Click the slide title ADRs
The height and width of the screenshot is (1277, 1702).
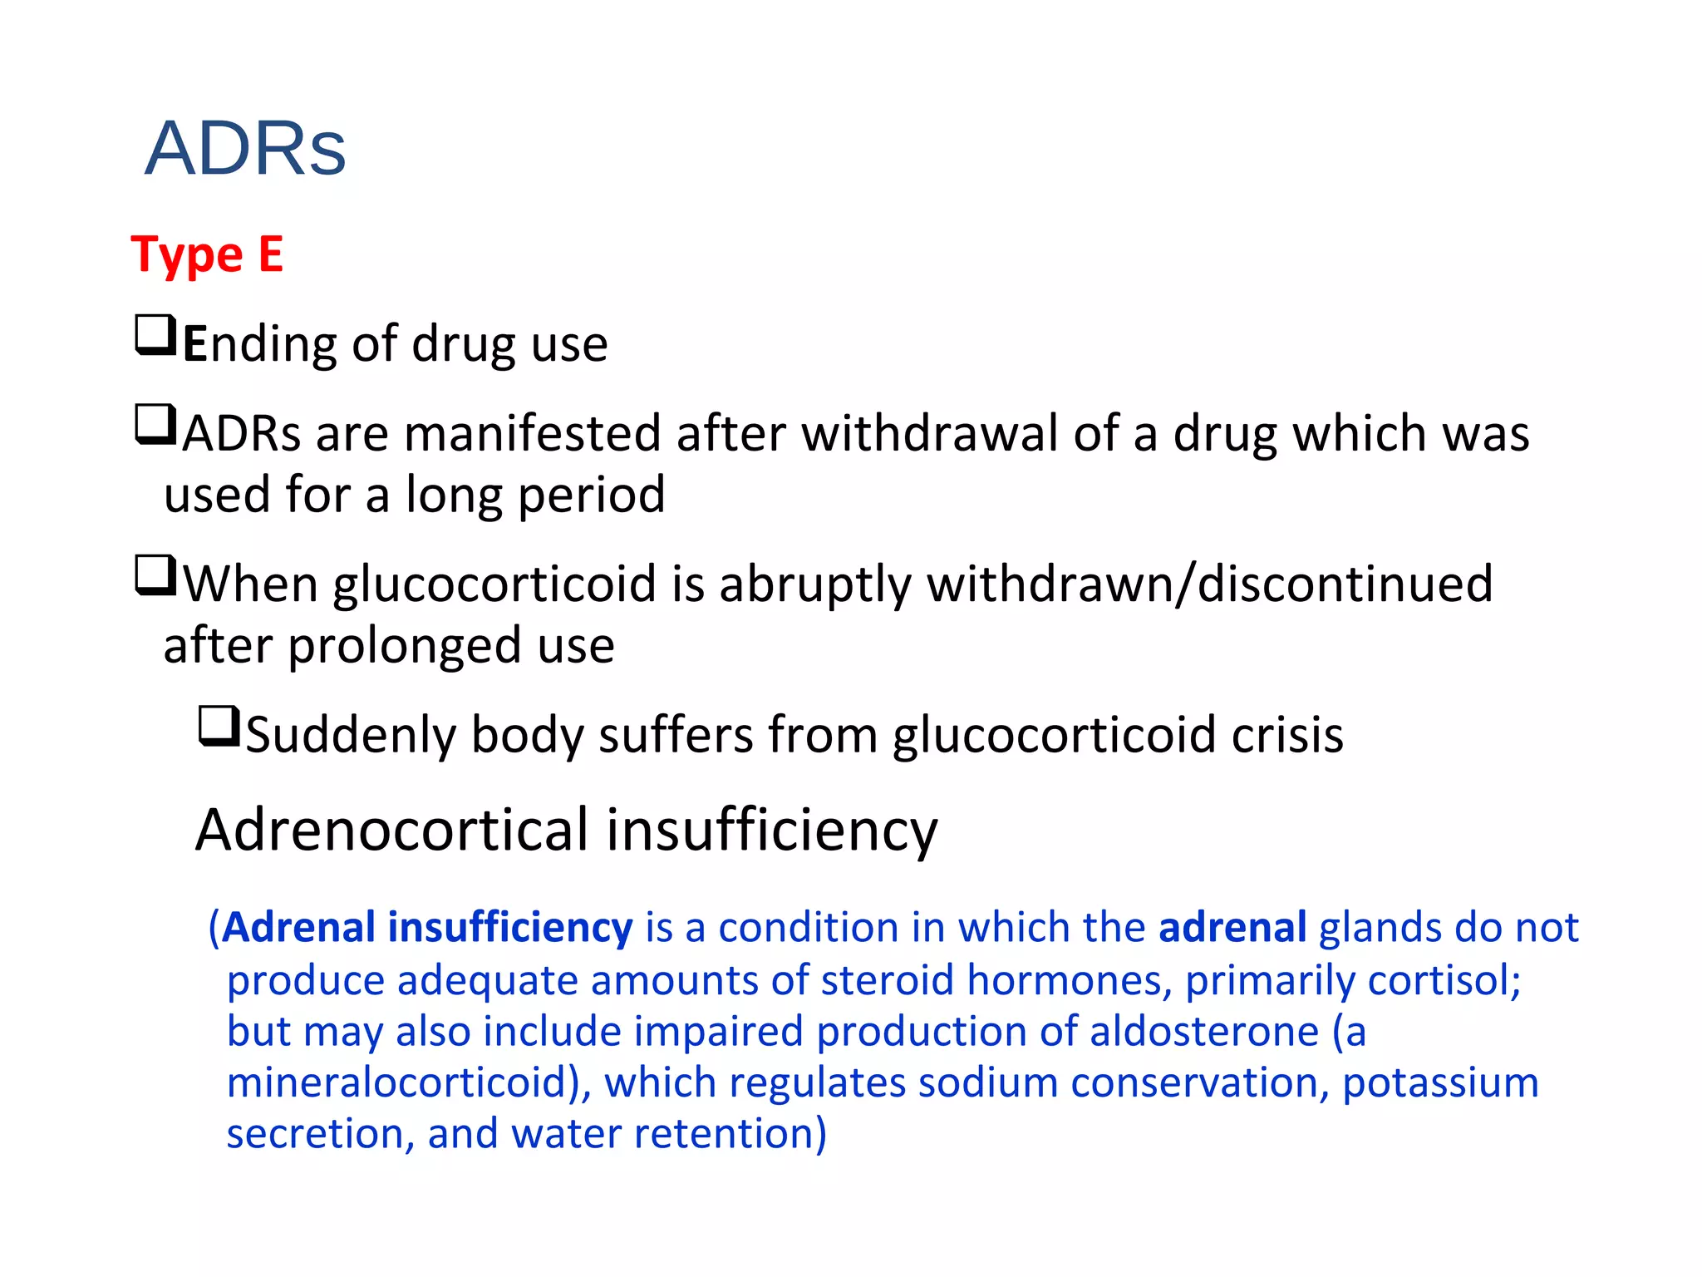point(245,150)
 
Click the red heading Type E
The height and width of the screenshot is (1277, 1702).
point(207,254)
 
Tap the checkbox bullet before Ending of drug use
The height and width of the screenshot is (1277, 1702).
point(155,336)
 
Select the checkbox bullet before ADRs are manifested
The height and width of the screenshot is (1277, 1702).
point(155,425)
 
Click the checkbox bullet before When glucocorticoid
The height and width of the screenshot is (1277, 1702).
point(155,576)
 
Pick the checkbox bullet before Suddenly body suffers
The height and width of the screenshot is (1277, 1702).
point(219,727)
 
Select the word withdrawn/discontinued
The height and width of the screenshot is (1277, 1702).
point(1210,584)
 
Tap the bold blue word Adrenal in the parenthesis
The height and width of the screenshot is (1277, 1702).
point(299,928)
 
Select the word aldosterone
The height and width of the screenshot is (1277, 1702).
point(1204,1032)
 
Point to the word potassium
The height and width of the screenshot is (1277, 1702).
point(1440,1083)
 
